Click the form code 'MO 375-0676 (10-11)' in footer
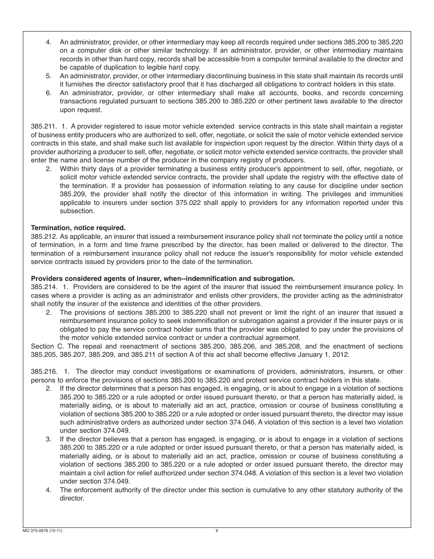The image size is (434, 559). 42,531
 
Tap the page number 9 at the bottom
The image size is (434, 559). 217,531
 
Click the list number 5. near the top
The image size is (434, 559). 48,76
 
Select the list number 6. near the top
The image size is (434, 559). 48,93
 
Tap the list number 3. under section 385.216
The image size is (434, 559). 48,439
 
